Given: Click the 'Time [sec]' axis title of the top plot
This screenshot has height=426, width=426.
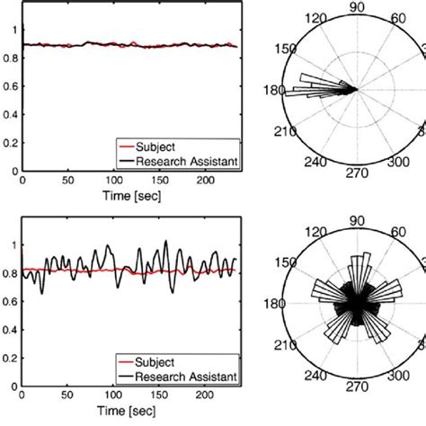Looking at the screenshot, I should point(129,197).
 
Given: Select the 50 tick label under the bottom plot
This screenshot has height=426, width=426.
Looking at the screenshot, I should point(68,398).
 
